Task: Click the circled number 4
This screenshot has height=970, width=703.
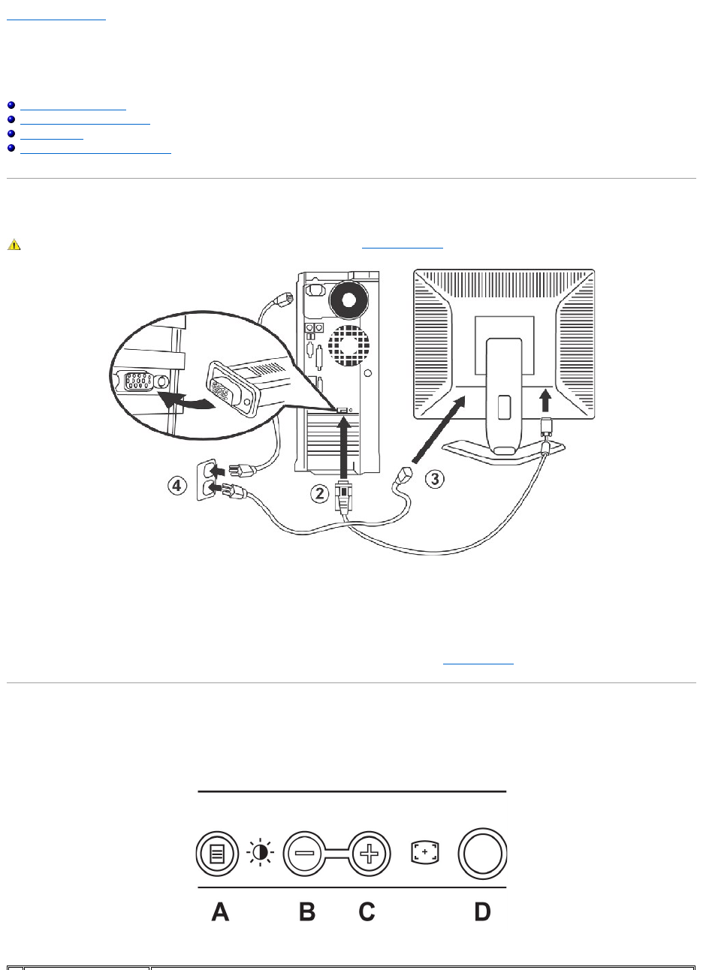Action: pyautogui.click(x=177, y=487)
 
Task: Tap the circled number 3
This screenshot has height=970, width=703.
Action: pyautogui.click(x=434, y=478)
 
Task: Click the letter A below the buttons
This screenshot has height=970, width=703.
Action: pyautogui.click(x=220, y=911)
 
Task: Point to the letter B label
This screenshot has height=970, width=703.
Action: pyautogui.click(x=306, y=911)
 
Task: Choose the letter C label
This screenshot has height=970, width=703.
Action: pyautogui.click(x=367, y=911)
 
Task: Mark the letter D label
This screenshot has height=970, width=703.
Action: pyautogui.click(x=481, y=911)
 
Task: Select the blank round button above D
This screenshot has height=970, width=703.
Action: pyautogui.click(x=481, y=853)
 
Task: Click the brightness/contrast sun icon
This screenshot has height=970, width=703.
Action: pyautogui.click(x=261, y=853)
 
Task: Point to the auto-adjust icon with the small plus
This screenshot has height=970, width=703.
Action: pyautogui.click(x=424, y=852)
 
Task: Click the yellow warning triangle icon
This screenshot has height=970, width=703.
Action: pyautogui.click(x=13, y=245)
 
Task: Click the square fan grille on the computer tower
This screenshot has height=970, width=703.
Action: pyautogui.click(x=343, y=345)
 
